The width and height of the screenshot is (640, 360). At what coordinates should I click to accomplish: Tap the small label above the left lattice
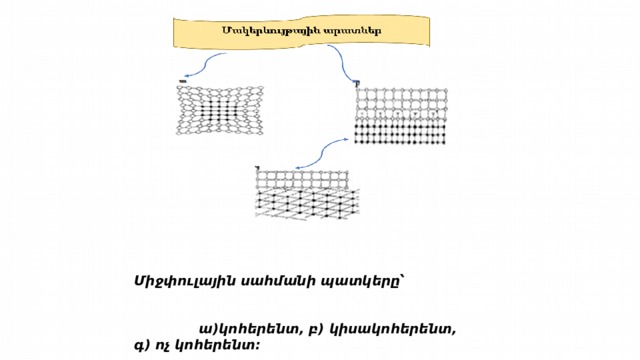pyautogui.click(x=183, y=81)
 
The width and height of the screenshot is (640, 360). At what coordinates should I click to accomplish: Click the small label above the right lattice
pyautogui.click(x=356, y=83)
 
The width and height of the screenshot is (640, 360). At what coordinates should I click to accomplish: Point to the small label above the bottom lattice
pyautogui.click(x=257, y=167)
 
